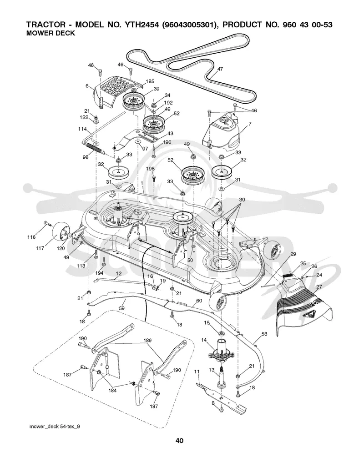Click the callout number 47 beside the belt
pyautogui.click(x=220, y=69)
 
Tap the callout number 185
pyautogui.click(x=150, y=81)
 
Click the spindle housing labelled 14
pyautogui.click(x=222, y=350)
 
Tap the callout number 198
pyautogui.click(x=150, y=169)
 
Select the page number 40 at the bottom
pyautogui.click(x=180, y=441)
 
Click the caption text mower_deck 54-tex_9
pyautogui.click(x=55, y=427)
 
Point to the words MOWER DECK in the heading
pyautogui.click(x=51, y=33)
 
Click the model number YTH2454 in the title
pyautogui.click(x=139, y=25)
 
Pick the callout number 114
pyautogui.click(x=82, y=129)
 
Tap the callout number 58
pyautogui.click(x=264, y=334)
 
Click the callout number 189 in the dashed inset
pyautogui.click(x=147, y=340)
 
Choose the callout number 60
pyautogui.click(x=199, y=301)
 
